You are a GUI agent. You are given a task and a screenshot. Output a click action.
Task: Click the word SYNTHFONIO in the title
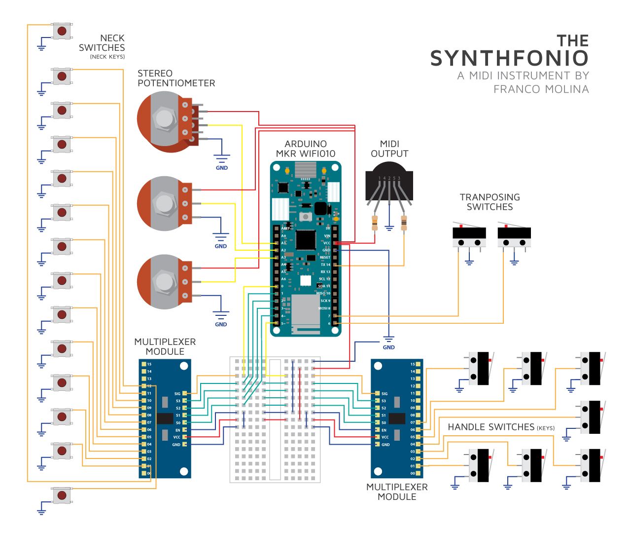click(x=509, y=58)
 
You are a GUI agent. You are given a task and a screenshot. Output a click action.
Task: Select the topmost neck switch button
click(x=62, y=31)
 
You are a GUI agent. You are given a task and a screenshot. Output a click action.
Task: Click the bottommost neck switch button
click(x=62, y=495)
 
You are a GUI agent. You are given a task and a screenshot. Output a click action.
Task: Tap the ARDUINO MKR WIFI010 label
click(x=306, y=149)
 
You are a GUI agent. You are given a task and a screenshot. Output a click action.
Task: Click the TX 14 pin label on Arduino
click(x=325, y=265)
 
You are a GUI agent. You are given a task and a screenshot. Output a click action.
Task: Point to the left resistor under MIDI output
click(x=375, y=223)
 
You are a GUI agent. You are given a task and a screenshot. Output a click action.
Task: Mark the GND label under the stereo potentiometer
click(x=222, y=168)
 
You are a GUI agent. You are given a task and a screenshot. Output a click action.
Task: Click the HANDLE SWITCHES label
click(x=500, y=427)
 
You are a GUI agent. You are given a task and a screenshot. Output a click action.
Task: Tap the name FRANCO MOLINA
click(x=541, y=89)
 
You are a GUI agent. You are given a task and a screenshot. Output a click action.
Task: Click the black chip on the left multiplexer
click(x=165, y=419)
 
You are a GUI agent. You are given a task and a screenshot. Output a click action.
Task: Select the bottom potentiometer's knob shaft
click(x=164, y=282)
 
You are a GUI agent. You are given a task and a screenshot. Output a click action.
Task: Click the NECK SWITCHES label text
click(x=102, y=43)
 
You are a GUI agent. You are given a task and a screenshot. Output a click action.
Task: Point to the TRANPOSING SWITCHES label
click(x=490, y=202)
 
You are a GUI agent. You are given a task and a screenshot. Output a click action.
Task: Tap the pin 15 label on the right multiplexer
click(x=413, y=364)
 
